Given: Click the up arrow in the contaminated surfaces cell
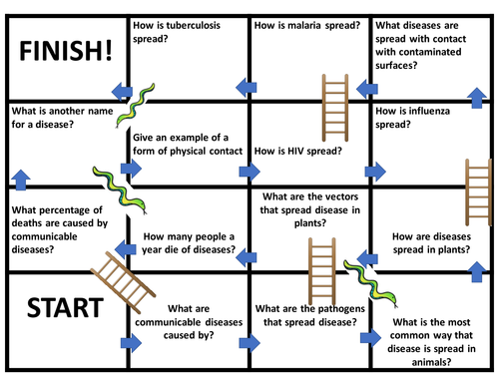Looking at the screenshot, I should pos(476,98).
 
